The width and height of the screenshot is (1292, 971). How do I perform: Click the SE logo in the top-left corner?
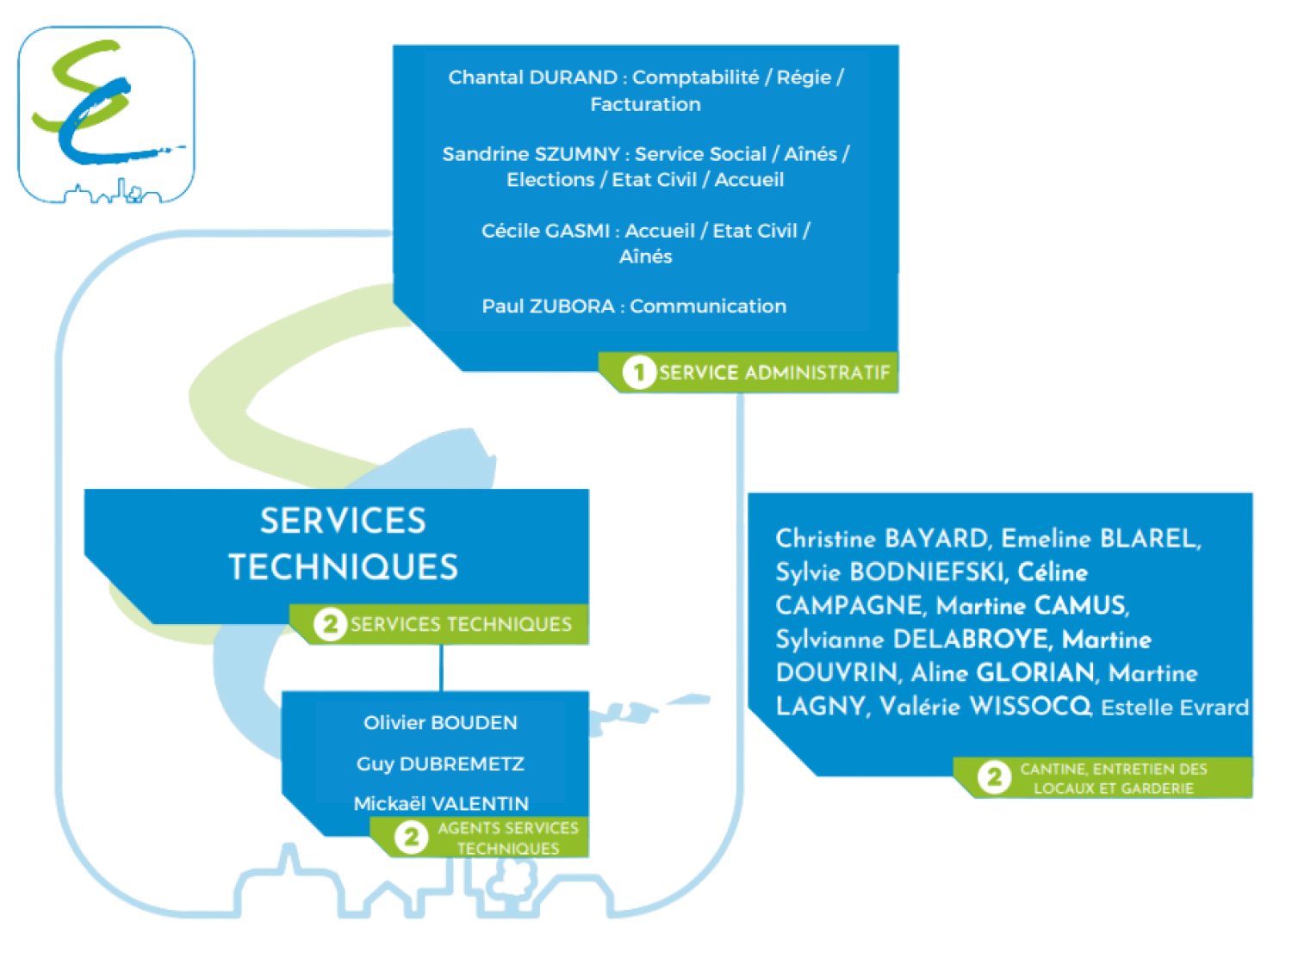point(106,114)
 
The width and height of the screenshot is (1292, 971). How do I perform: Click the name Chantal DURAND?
point(531,77)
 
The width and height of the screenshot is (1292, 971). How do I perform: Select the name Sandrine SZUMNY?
point(531,154)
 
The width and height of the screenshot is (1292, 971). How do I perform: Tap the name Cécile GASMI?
point(545,231)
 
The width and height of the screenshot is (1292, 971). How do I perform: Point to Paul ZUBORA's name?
point(548,306)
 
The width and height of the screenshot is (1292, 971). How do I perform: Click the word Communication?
point(708,306)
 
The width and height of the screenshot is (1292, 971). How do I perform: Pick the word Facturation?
point(645,104)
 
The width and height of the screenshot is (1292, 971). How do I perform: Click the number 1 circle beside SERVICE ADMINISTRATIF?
point(638,373)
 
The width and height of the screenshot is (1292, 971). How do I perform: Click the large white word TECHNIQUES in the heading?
point(343,567)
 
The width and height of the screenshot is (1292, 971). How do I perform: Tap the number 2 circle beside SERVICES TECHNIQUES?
point(330,624)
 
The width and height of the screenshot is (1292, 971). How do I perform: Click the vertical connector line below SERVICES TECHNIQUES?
point(441,667)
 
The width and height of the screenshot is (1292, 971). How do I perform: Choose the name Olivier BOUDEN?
point(440,723)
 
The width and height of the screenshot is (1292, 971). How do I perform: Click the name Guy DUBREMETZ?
point(440,764)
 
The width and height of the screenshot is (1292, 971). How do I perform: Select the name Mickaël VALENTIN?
point(441,803)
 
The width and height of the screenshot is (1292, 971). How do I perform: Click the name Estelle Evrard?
point(1174,708)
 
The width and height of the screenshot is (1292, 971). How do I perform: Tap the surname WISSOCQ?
point(1030,706)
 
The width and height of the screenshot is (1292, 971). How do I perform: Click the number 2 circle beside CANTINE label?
point(994,777)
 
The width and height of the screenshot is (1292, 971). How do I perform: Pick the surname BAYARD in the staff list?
point(936,539)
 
